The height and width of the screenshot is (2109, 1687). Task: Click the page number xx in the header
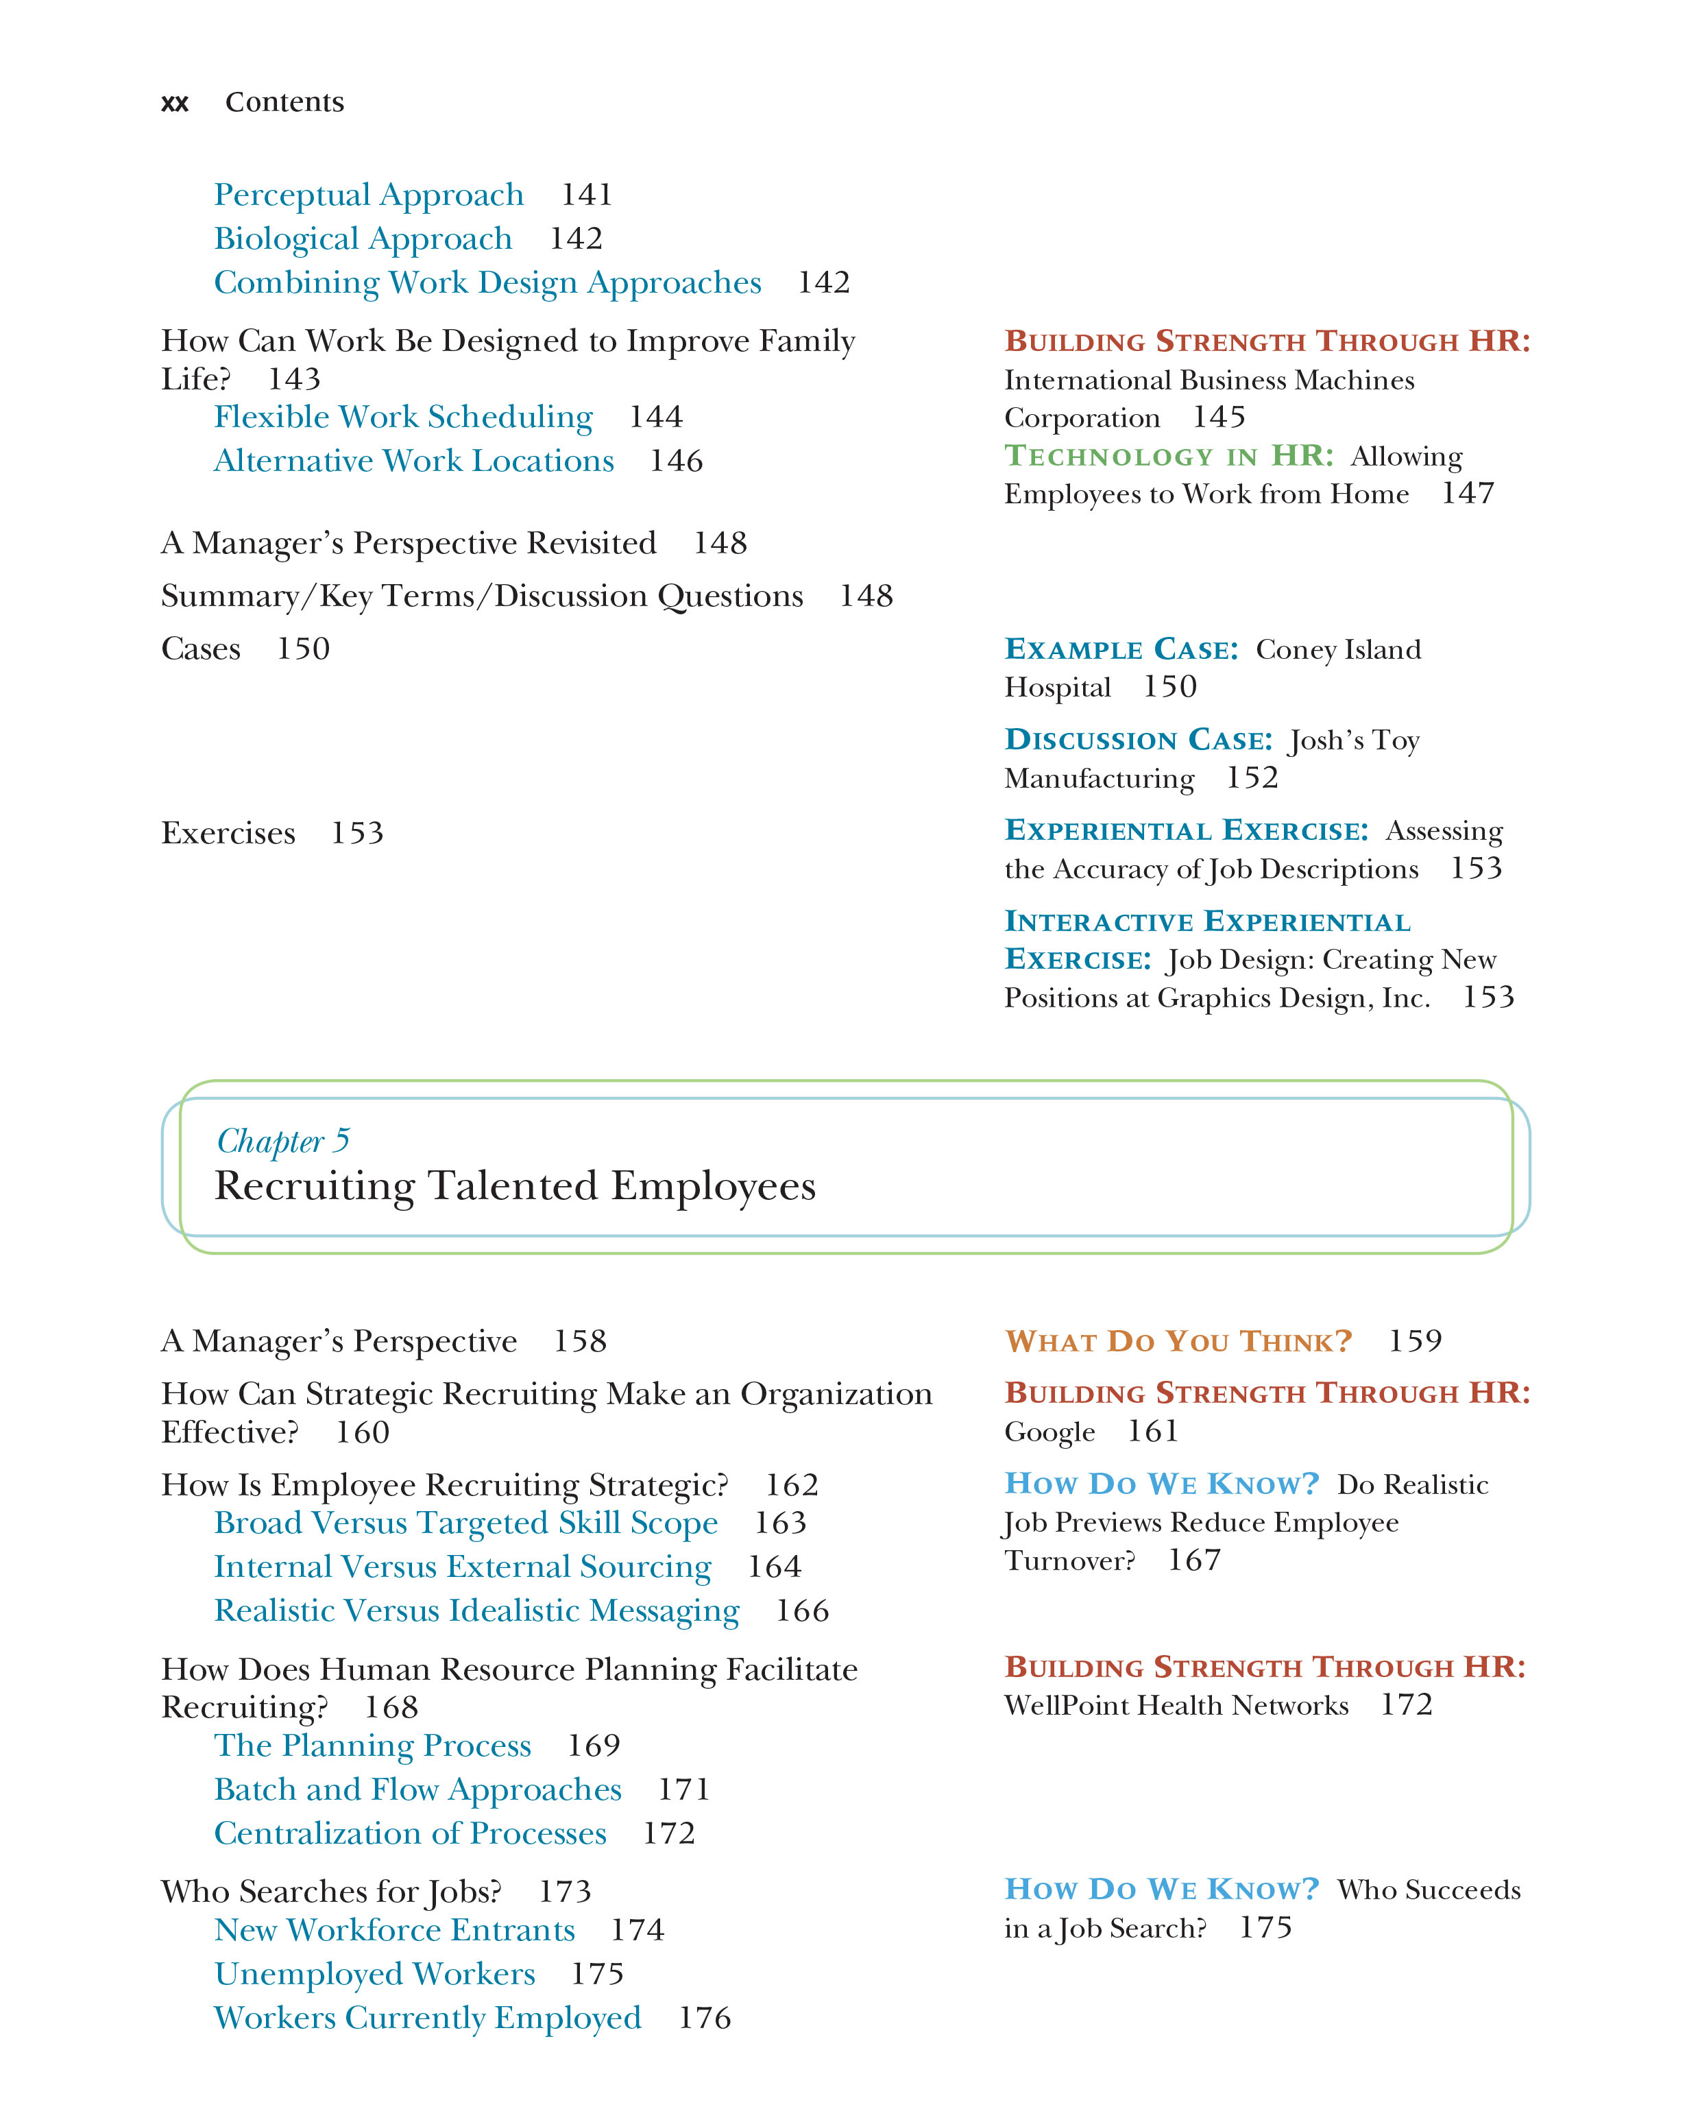click(x=174, y=103)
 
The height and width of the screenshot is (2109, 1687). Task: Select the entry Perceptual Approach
click(x=369, y=195)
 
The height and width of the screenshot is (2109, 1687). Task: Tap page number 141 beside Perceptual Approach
click(x=586, y=195)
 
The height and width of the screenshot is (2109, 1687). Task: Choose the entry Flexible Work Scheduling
click(x=403, y=417)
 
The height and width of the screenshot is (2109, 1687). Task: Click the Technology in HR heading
click(x=1169, y=456)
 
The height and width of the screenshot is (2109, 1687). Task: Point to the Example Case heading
click(x=1121, y=649)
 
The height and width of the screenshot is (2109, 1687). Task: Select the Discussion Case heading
click(x=1139, y=740)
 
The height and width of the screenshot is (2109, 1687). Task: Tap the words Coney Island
click(x=1338, y=649)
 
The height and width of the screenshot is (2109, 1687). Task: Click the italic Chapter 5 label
click(x=282, y=1141)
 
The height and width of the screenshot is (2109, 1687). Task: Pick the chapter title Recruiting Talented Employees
click(x=514, y=1185)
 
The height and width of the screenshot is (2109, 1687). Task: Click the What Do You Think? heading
click(x=1178, y=1340)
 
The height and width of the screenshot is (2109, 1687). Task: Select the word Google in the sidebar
click(x=1049, y=1432)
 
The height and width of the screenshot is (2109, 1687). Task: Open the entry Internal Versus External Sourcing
click(x=463, y=1566)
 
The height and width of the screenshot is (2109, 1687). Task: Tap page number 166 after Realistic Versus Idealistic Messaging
click(x=802, y=1610)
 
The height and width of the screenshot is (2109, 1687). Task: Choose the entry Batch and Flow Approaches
click(x=417, y=1788)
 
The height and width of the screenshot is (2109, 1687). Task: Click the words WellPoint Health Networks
click(x=1176, y=1705)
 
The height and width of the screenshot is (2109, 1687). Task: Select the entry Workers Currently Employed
click(x=427, y=2017)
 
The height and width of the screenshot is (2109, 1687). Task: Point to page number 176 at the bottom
click(x=704, y=2017)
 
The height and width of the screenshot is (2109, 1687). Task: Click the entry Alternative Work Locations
click(x=413, y=461)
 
